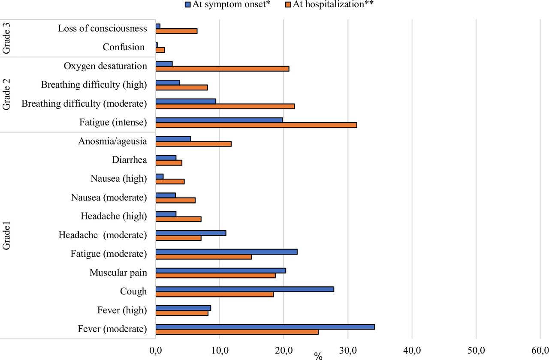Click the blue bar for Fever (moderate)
point(265,327)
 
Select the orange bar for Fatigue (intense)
point(256,125)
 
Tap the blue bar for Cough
point(244,289)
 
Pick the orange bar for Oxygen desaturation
point(222,69)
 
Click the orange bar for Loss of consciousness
point(176,31)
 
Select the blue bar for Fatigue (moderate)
point(226,252)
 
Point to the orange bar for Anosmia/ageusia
point(193,144)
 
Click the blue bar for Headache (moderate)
point(191,233)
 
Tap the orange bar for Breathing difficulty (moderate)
point(225,106)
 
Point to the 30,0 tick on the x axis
point(348,350)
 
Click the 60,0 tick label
point(540,350)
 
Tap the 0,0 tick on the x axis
point(156,350)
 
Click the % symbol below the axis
point(318,356)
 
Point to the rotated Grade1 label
point(6,236)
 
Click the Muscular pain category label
point(118,273)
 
